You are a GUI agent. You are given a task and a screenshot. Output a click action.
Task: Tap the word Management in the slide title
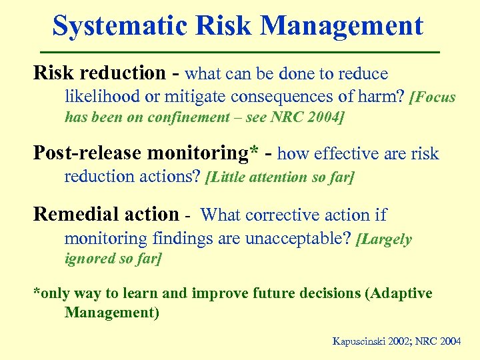(342, 27)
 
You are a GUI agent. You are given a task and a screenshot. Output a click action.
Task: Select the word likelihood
(102, 97)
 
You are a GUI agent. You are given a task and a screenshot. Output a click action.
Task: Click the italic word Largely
(387, 240)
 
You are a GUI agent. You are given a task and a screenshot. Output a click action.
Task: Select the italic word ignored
(89, 259)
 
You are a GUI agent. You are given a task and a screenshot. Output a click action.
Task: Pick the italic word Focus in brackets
(434, 97)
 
